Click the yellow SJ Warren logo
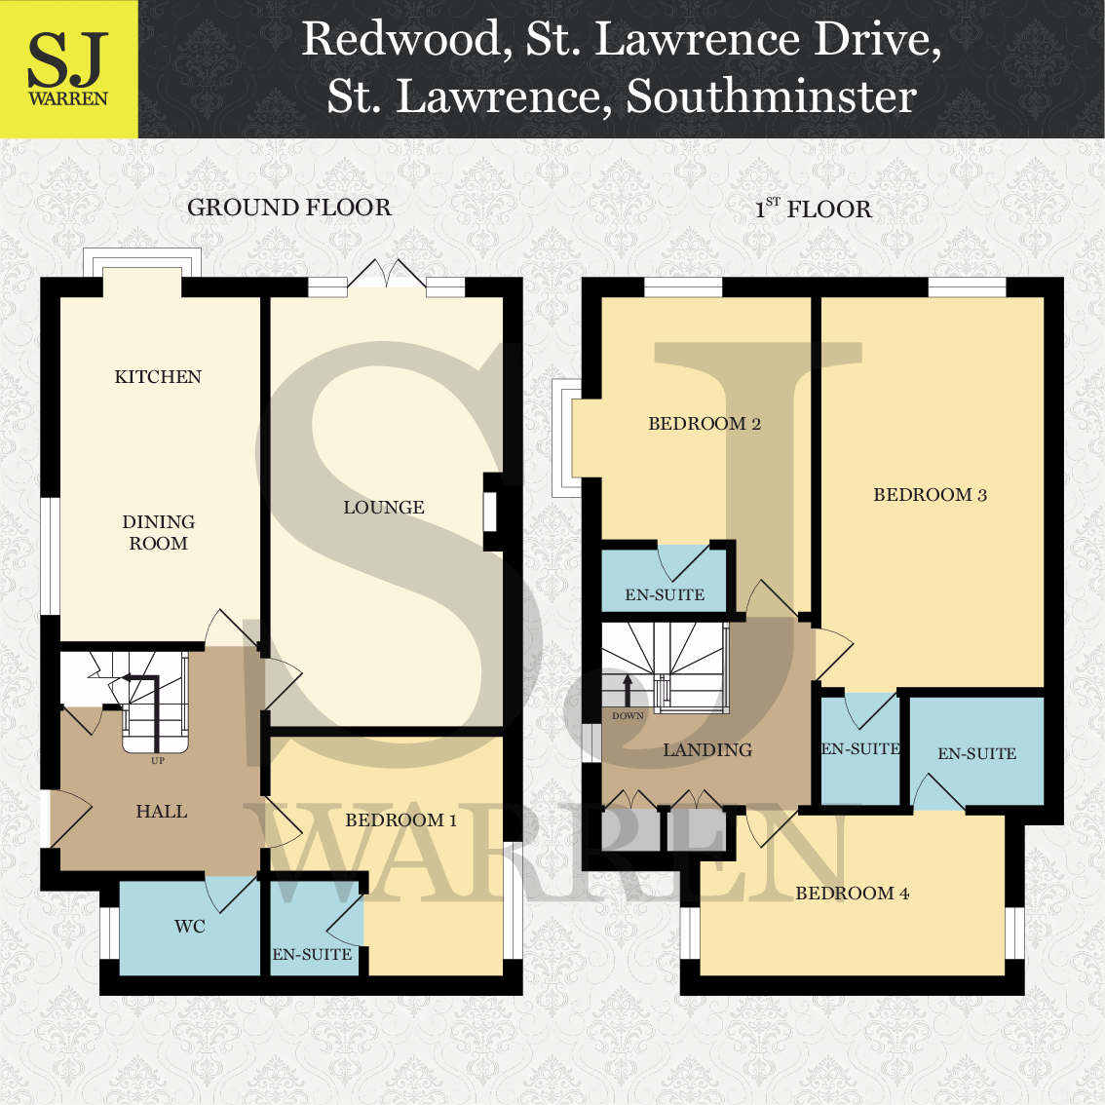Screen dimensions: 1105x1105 [68, 69]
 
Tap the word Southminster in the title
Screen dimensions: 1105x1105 [771, 95]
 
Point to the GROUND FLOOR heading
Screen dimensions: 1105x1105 [289, 208]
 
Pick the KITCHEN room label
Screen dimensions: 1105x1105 [158, 377]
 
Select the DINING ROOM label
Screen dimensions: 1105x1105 [158, 533]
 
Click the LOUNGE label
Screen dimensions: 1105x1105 [384, 508]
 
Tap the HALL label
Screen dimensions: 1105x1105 [162, 812]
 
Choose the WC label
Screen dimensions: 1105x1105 [190, 927]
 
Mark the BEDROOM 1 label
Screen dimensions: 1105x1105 [400, 820]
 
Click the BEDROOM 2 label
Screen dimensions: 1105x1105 [705, 424]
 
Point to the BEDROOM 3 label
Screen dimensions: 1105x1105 [930, 495]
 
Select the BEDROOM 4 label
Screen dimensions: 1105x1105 [853, 894]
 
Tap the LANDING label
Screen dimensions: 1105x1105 [707, 750]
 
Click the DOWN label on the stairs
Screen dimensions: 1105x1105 [628, 716]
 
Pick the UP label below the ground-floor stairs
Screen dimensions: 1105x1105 [158, 761]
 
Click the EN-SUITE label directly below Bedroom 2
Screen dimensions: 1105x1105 [665, 594]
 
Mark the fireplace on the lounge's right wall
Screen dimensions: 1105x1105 [493, 512]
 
